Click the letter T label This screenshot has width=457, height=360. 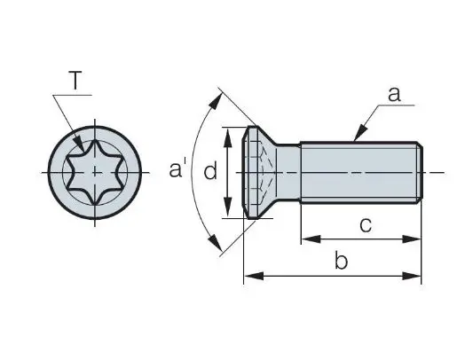click(x=75, y=80)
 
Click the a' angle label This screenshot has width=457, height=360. click(x=177, y=168)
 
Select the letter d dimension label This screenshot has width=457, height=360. click(x=210, y=170)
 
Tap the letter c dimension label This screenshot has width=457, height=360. click(x=366, y=225)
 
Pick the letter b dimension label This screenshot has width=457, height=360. click(x=341, y=260)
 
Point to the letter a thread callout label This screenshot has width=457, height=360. click(x=394, y=94)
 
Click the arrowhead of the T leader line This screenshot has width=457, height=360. click(x=79, y=145)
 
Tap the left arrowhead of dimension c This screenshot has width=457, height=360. click(x=311, y=239)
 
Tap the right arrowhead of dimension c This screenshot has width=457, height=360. click(x=412, y=239)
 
